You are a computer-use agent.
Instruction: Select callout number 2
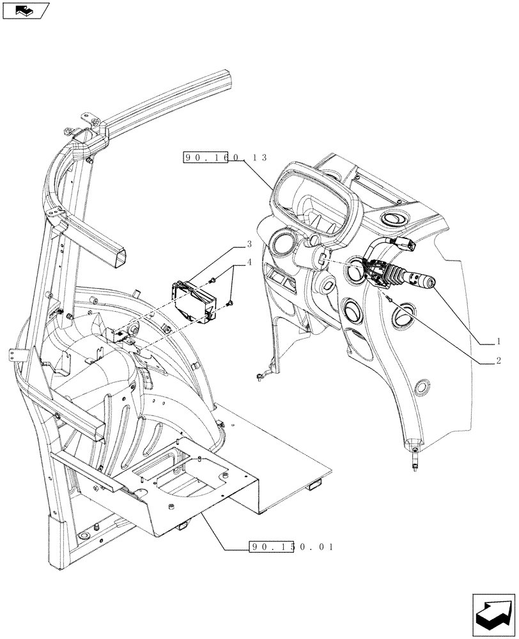497,360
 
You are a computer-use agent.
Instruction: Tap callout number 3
249,244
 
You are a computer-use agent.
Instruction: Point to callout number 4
249,261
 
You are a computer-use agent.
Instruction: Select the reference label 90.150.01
291,548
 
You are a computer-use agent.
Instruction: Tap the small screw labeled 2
389,298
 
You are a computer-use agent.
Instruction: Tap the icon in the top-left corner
24,10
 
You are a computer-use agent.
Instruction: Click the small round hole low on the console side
421,387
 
